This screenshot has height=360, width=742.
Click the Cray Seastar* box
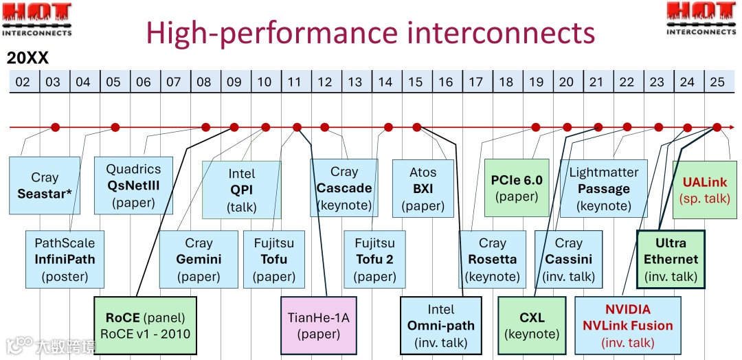(x=45, y=185)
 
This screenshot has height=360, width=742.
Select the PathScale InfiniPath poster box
(x=65, y=259)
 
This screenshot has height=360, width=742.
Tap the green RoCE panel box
(x=145, y=326)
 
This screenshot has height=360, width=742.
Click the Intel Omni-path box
(x=441, y=326)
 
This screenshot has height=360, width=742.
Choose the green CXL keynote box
(x=532, y=326)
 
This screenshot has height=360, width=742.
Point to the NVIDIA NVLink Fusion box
(x=627, y=326)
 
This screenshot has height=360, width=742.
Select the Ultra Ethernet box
(x=671, y=259)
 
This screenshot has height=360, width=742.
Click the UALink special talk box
(x=706, y=190)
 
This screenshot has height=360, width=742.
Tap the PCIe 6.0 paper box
(x=516, y=188)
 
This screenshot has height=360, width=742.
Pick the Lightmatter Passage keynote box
(x=603, y=188)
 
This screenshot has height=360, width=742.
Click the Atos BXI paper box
(x=423, y=188)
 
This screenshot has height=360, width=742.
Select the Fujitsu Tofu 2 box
(x=374, y=259)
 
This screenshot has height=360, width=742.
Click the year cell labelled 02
(x=23, y=82)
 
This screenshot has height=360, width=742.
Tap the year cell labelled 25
(x=717, y=82)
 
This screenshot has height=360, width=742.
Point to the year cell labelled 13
(x=355, y=82)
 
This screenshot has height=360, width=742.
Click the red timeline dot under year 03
(x=56, y=127)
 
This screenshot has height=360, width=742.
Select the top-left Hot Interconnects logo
(x=36, y=19)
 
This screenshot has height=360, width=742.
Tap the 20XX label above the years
(x=28, y=58)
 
